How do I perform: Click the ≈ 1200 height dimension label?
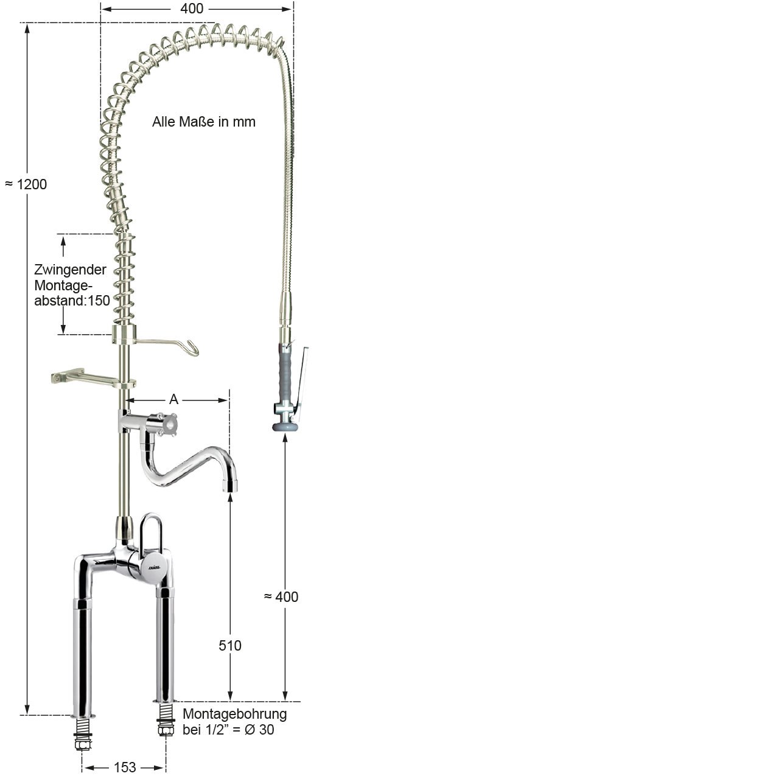pyautogui.click(x=26, y=185)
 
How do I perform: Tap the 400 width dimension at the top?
pyautogui.click(x=192, y=9)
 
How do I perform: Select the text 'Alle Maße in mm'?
pyautogui.click(x=204, y=122)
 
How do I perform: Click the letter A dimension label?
pyautogui.click(x=174, y=399)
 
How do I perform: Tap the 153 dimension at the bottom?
pyautogui.click(x=125, y=767)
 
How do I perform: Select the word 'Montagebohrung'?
pyautogui.click(x=235, y=714)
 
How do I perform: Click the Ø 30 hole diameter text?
pyautogui.click(x=259, y=730)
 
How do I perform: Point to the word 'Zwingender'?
pyautogui.click(x=71, y=270)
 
